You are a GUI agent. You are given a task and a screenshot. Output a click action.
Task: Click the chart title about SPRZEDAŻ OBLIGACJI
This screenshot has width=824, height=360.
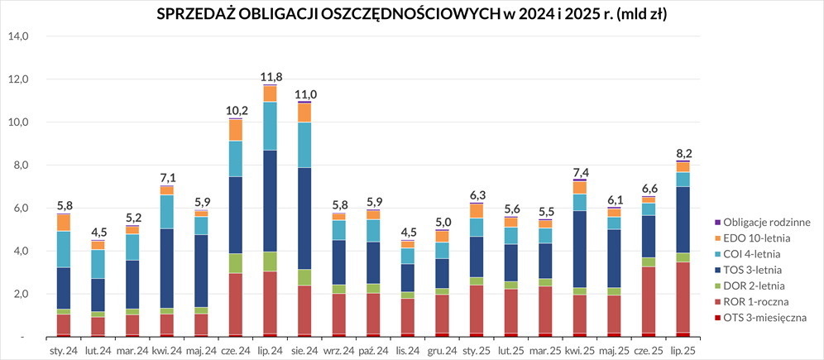tap(412, 14)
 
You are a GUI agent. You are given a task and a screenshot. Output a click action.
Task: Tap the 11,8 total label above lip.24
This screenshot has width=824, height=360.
tap(271, 77)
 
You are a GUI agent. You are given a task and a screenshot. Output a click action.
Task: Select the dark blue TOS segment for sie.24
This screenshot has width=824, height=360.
tap(305, 218)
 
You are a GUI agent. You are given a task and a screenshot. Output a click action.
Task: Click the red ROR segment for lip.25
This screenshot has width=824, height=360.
tap(683, 297)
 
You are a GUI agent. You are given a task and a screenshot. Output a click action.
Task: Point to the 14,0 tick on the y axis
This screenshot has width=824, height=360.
tap(18, 36)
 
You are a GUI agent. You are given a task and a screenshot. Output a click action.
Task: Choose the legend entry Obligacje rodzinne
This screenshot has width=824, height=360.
tap(761, 222)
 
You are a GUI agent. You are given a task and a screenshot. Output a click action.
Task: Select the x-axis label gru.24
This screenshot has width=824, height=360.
tap(443, 350)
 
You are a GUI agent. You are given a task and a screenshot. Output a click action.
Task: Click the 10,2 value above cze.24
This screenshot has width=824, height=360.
tap(236, 111)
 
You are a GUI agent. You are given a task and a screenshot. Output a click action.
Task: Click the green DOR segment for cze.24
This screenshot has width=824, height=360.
tap(236, 263)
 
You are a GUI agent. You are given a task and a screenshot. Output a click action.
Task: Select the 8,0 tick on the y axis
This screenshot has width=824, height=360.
tap(18, 166)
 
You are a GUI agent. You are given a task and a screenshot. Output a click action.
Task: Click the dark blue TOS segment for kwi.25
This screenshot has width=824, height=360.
tap(580, 249)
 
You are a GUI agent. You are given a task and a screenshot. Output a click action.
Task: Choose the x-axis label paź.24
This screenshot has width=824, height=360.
tap(373, 350)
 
